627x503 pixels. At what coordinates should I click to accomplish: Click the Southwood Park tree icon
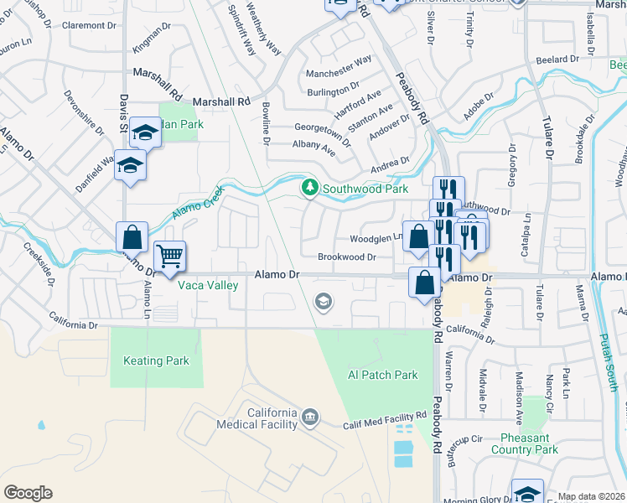point(310,186)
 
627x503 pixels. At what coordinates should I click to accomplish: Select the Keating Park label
point(156,361)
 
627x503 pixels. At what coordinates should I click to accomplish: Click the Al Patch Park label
point(382,375)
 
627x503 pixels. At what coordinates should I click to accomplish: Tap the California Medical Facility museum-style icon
point(310,417)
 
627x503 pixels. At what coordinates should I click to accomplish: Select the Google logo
point(28,492)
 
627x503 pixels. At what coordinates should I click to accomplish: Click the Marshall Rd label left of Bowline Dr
point(221,101)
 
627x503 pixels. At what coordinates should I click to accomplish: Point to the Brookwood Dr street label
point(346,257)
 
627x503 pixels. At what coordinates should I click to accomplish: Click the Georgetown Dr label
point(323,132)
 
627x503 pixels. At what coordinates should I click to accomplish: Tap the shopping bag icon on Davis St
point(132,237)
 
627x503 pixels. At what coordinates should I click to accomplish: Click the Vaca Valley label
point(208,285)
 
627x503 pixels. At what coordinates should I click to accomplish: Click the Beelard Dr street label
point(557,60)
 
